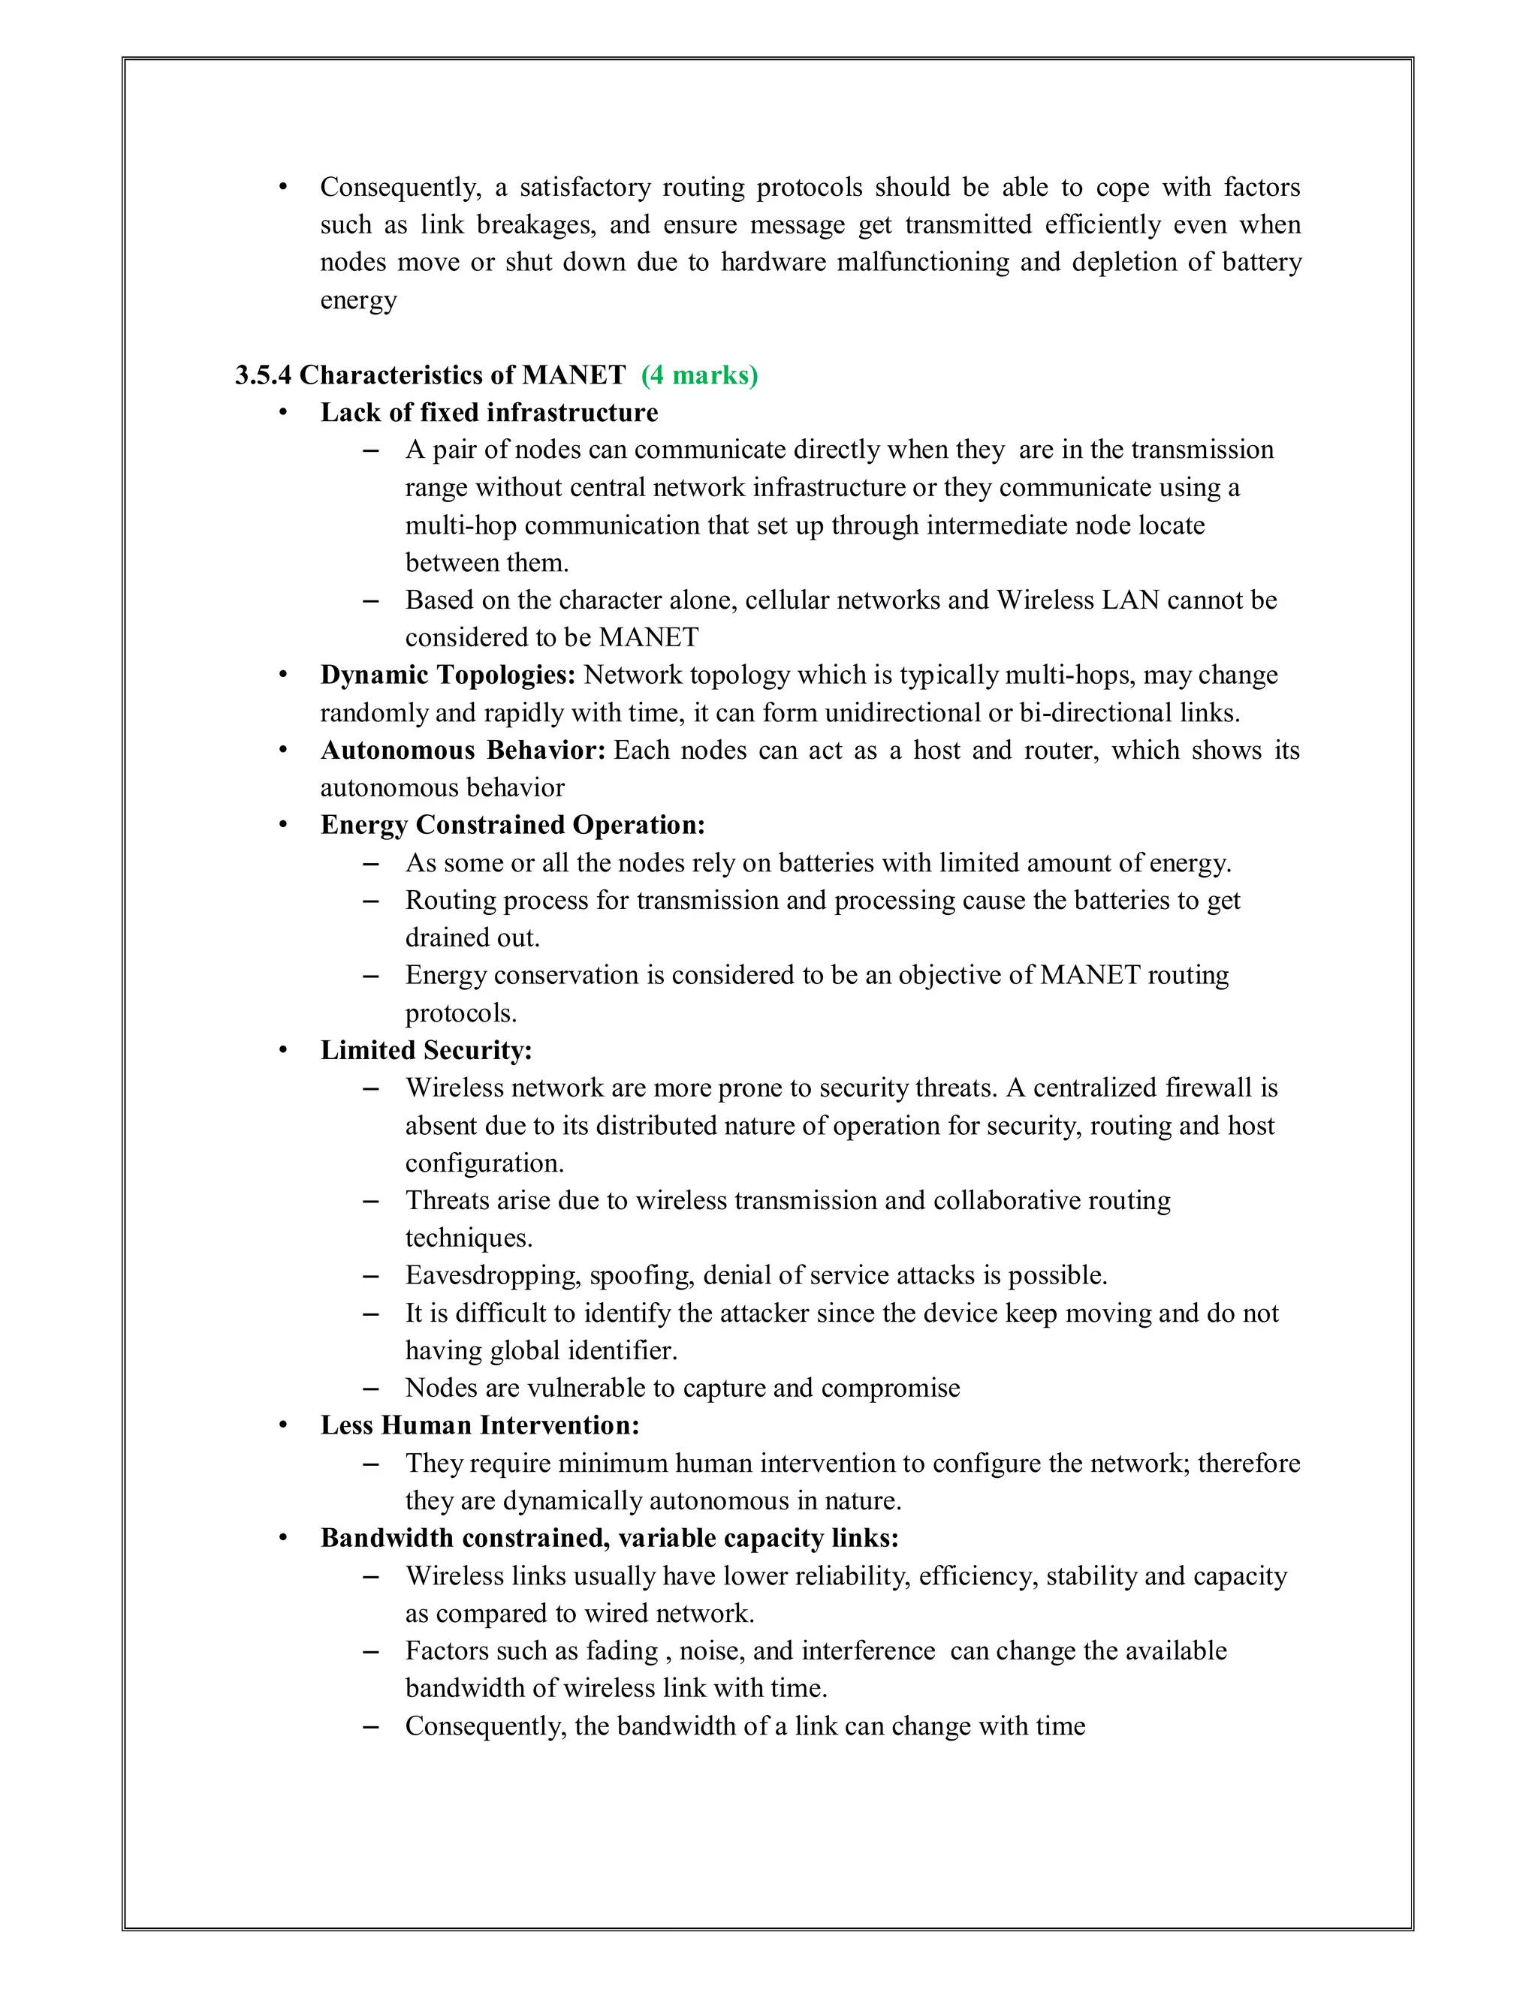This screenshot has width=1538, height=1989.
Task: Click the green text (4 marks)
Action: click(x=699, y=375)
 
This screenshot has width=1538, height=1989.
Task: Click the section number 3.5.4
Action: click(x=264, y=375)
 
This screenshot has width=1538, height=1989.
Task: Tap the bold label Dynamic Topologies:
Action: click(x=448, y=675)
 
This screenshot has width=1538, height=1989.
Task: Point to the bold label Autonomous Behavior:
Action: click(x=463, y=751)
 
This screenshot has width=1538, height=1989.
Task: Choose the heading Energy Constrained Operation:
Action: click(x=512, y=825)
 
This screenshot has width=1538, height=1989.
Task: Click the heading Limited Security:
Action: click(x=426, y=1050)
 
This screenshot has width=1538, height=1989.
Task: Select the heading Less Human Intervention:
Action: click(x=479, y=1425)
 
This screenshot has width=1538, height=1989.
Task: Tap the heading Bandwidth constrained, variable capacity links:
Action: click(x=608, y=1538)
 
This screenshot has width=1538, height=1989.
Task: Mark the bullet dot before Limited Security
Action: click(x=283, y=1050)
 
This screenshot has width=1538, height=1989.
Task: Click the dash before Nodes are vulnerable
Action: click(x=370, y=1389)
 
